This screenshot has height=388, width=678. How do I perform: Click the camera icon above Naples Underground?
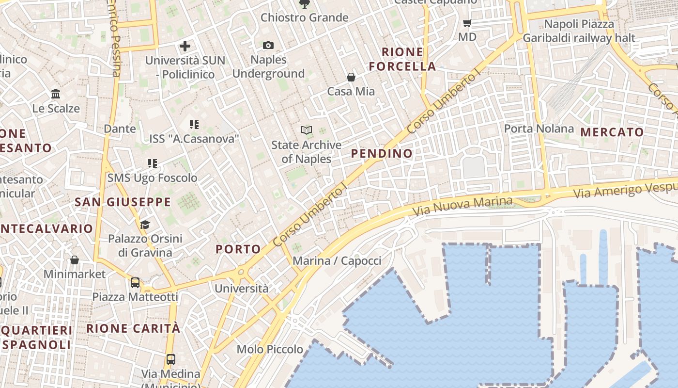(268, 46)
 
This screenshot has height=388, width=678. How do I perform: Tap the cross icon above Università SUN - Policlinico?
(185, 47)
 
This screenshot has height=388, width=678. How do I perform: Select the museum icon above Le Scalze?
(56, 94)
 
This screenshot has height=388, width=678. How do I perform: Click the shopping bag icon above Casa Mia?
(351, 77)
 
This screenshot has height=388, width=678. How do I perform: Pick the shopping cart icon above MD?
(467, 23)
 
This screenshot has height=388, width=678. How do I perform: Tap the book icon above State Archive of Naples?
(306, 130)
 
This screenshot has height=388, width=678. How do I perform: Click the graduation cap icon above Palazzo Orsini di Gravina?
(145, 224)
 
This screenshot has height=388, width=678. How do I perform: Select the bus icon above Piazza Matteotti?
(135, 282)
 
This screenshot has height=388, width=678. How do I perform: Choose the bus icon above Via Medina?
(170, 359)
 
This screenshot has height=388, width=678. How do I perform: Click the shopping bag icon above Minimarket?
(75, 260)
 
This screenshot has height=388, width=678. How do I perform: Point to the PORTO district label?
(238, 249)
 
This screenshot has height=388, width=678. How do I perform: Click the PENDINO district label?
(382, 154)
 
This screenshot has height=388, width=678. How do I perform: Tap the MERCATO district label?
(612, 132)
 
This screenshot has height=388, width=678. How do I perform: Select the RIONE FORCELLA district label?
(402, 59)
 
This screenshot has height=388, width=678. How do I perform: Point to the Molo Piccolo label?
(270, 349)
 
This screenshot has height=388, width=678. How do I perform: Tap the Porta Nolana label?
(539, 129)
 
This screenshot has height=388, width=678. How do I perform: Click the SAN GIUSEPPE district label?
(123, 202)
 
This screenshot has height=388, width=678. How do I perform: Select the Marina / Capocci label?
(337, 260)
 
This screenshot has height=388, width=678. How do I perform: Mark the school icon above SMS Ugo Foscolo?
(153, 163)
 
